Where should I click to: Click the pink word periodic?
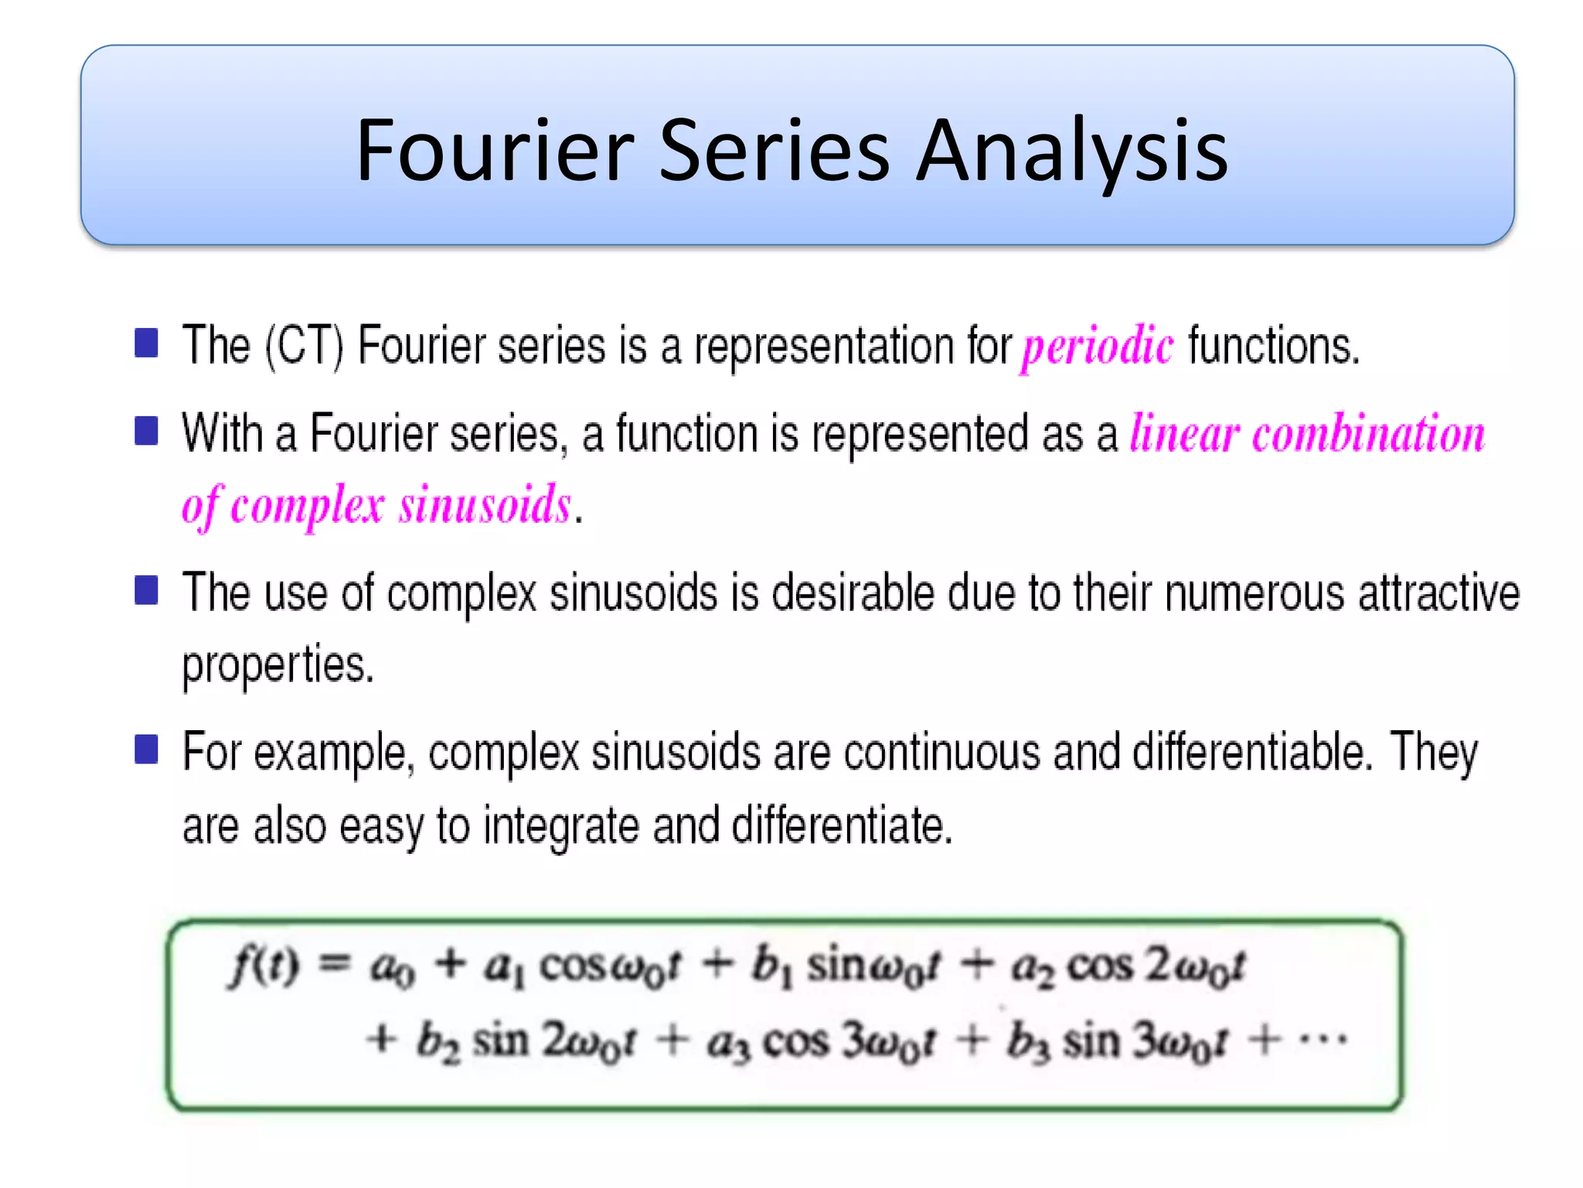[1098, 346]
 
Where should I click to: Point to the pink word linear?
[1185, 433]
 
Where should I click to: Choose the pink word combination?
[1368, 433]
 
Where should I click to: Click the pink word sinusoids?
[485, 505]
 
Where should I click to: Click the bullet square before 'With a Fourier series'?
[146, 431]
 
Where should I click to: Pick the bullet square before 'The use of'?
[146, 590]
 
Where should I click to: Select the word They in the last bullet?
[1434, 753]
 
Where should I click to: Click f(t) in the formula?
[264, 967]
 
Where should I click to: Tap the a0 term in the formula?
[392, 969]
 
